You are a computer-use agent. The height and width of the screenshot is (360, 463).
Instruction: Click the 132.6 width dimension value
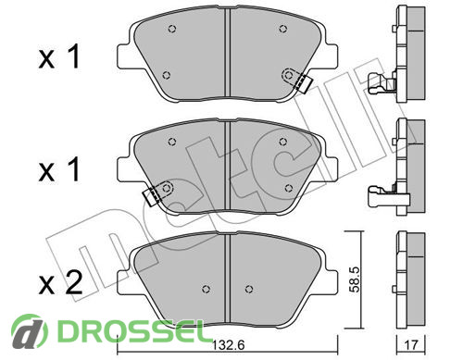[229, 345]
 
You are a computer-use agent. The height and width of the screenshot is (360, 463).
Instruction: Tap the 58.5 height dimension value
[356, 279]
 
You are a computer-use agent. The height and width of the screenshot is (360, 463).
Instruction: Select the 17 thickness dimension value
[411, 344]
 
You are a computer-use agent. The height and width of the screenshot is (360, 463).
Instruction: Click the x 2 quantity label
[60, 282]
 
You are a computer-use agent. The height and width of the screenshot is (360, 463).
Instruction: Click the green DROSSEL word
[131, 331]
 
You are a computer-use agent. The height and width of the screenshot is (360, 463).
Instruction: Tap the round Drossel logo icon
[30, 331]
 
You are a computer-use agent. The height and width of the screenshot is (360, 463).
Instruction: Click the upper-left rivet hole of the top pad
[172, 29]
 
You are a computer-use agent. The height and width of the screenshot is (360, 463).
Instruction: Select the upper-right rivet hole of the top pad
[283, 29]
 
